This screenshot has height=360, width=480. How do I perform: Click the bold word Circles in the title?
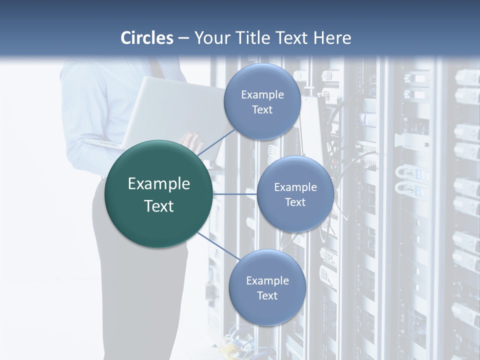tap(147, 38)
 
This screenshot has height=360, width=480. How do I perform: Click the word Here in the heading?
tap(332, 38)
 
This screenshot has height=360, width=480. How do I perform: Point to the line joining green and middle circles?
tap(234, 194)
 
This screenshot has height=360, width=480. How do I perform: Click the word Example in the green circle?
tap(159, 184)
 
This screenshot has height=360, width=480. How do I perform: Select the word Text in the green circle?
tap(159, 206)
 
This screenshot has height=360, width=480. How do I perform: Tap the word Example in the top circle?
tap(262, 95)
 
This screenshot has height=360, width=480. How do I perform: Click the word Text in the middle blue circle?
tap(295, 202)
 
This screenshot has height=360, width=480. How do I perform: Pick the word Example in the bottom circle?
tap(267, 281)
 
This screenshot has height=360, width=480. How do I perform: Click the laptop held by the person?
tap(165, 110)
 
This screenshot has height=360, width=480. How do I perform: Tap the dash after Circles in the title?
tap(183, 38)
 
